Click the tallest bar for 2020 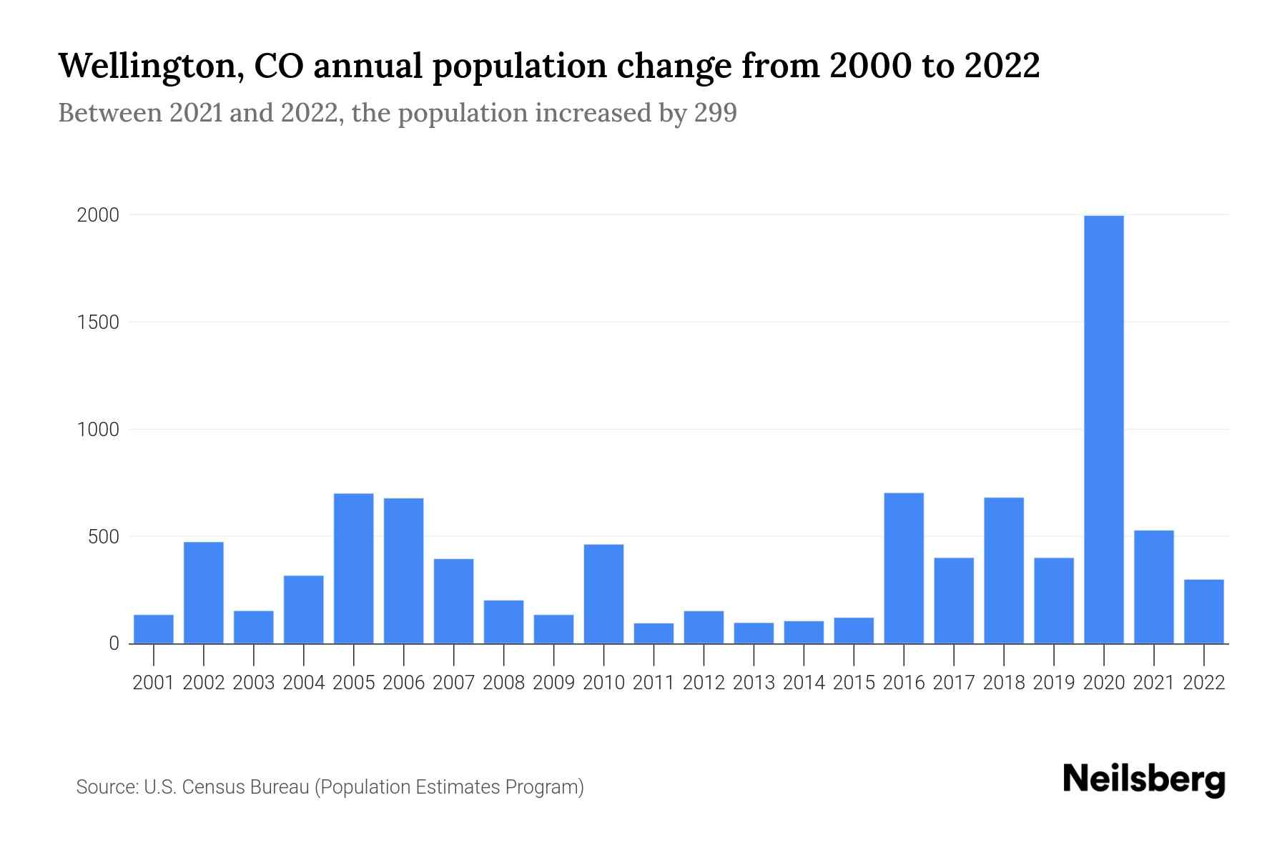pyautogui.click(x=1103, y=429)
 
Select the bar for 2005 pyautogui.click(x=353, y=568)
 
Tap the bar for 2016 pyautogui.click(x=904, y=568)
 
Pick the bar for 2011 pyautogui.click(x=654, y=633)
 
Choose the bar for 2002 pyautogui.click(x=204, y=593)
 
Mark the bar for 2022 pyautogui.click(x=1203, y=611)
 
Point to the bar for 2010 pyautogui.click(x=603, y=594)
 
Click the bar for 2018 pyautogui.click(x=1004, y=571)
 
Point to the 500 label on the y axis pyautogui.click(x=103, y=537)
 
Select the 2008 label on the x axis pyautogui.click(x=503, y=683)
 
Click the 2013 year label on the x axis pyautogui.click(x=754, y=683)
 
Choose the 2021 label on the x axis pyautogui.click(x=1153, y=683)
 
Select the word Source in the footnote pyautogui.click(x=106, y=787)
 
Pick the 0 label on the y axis pyautogui.click(x=114, y=643)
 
